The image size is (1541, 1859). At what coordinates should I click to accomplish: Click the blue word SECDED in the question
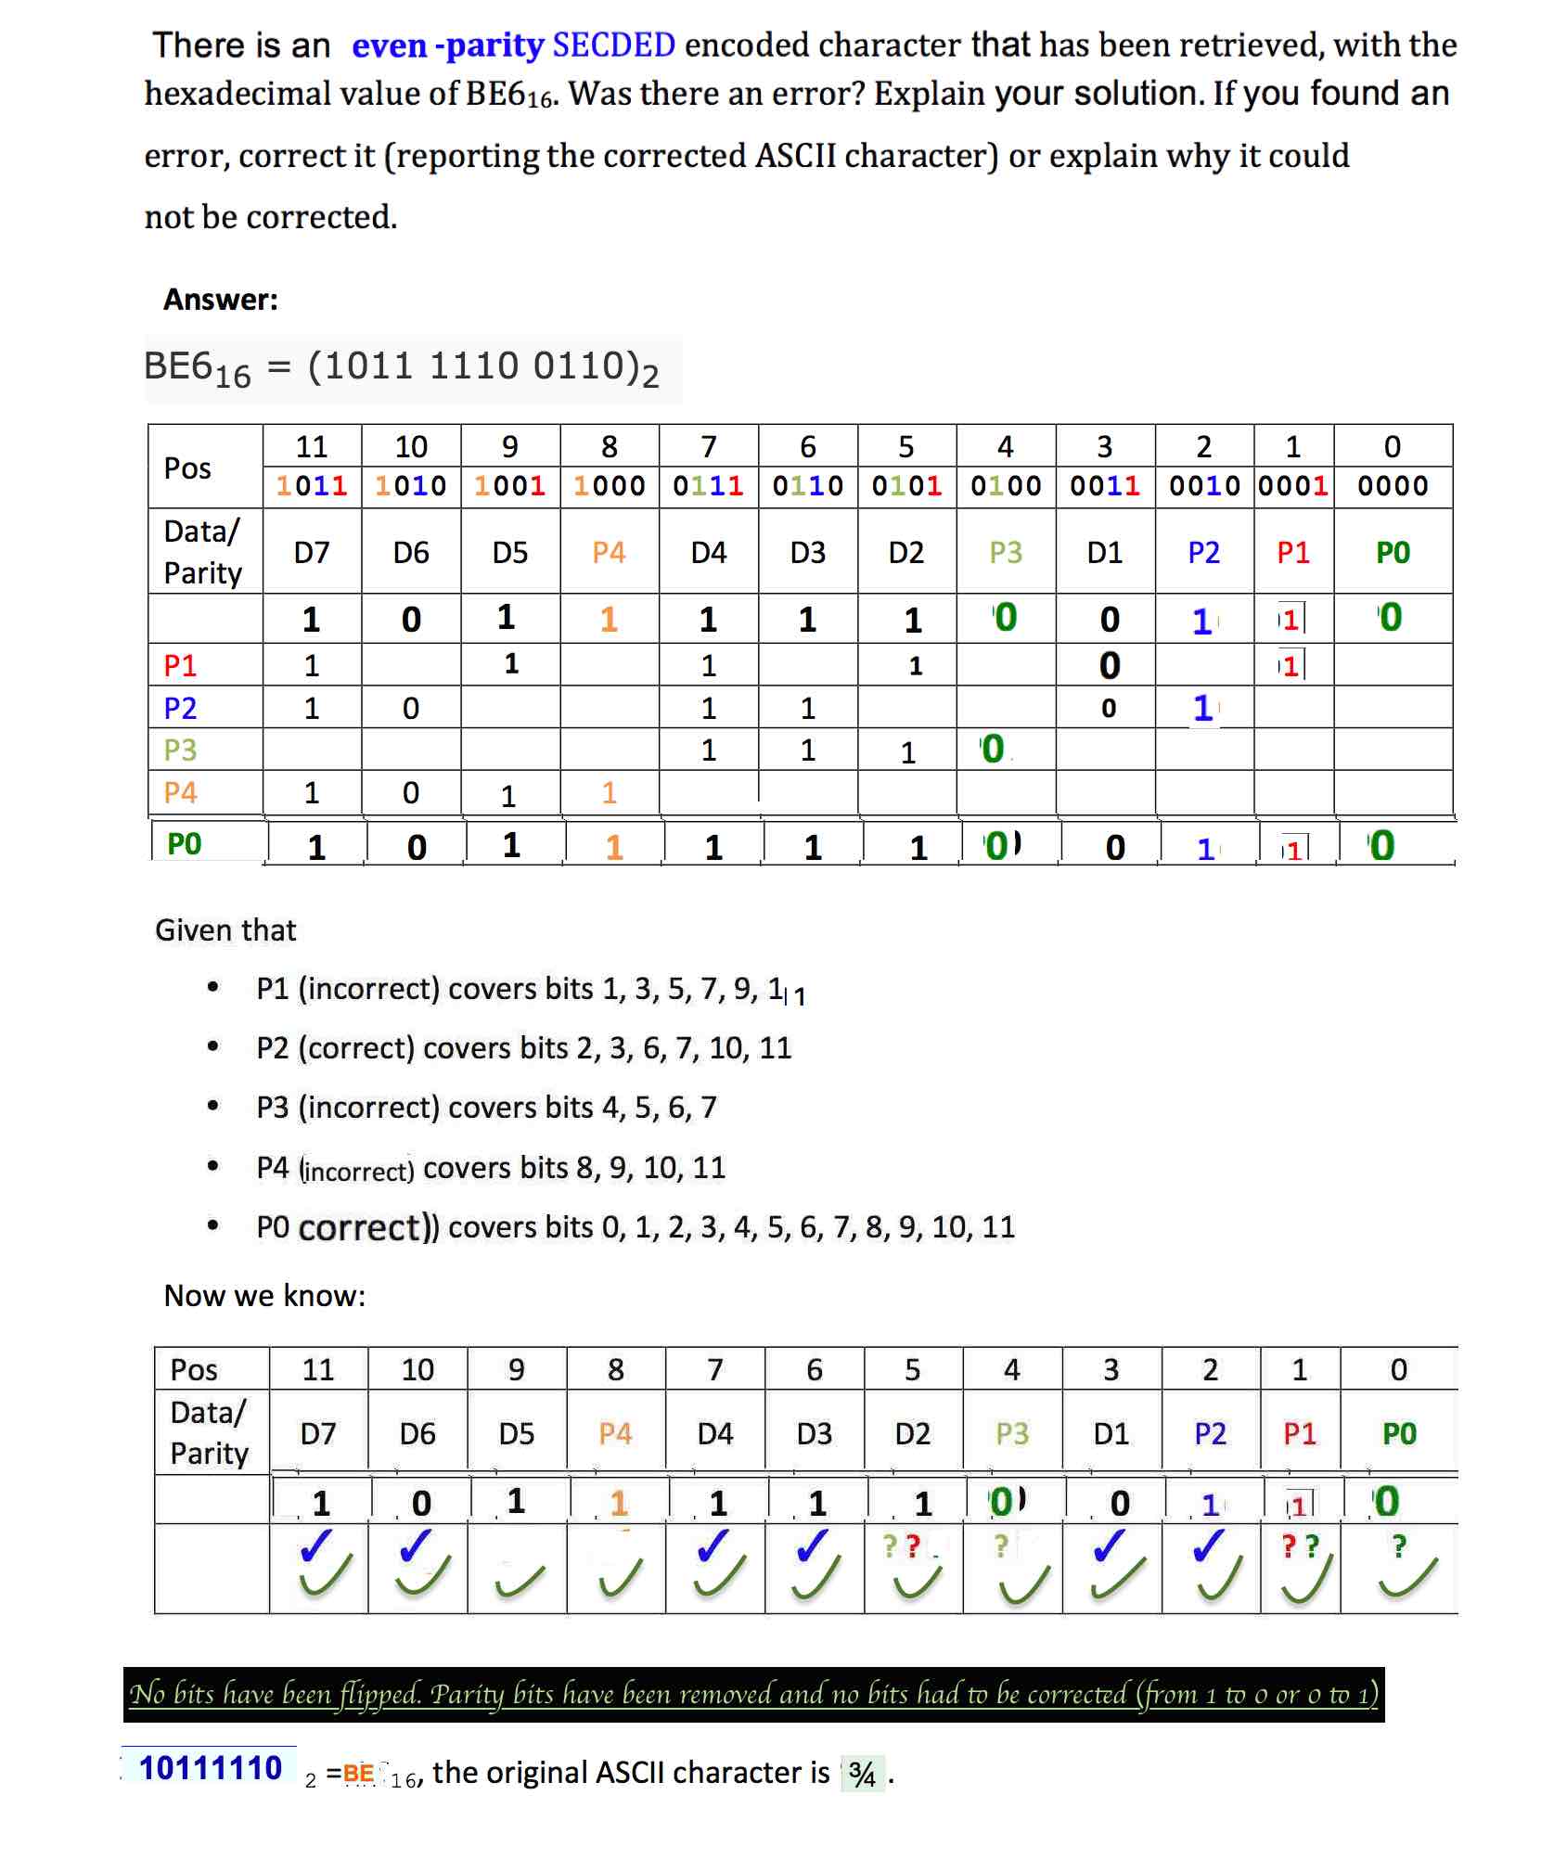pos(613,45)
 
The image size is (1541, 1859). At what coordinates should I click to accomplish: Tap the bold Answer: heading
pos(221,299)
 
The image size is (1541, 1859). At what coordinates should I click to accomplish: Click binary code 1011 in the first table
pos(312,485)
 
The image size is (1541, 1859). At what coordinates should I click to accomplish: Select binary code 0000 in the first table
pos(1392,485)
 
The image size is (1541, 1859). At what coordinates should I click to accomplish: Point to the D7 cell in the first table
pos(312,553)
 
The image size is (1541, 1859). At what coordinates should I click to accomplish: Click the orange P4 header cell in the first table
pos(609,553)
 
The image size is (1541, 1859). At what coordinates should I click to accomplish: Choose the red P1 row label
pos(180,665)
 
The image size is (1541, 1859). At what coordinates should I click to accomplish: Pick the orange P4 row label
pos(180,792)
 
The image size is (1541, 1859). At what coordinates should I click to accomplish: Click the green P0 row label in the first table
pos(184,843)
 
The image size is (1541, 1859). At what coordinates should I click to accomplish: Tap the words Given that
pos(225,929)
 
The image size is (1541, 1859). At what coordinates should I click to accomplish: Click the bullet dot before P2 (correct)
pos(213,1046)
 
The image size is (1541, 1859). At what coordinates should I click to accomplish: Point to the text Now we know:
pos(264,1295)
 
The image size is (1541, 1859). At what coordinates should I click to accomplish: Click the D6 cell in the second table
pos(417,1433)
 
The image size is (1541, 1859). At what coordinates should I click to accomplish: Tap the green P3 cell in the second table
pos(1012,1433)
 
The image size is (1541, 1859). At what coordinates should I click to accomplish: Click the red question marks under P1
pos(1300,1546)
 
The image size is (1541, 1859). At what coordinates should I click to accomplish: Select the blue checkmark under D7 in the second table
pos(316,1546)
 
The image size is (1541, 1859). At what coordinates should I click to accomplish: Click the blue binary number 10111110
pos(211,1768)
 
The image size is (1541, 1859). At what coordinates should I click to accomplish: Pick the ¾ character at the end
pos(862,1774)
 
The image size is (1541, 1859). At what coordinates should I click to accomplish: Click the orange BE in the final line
pos(358,1774)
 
